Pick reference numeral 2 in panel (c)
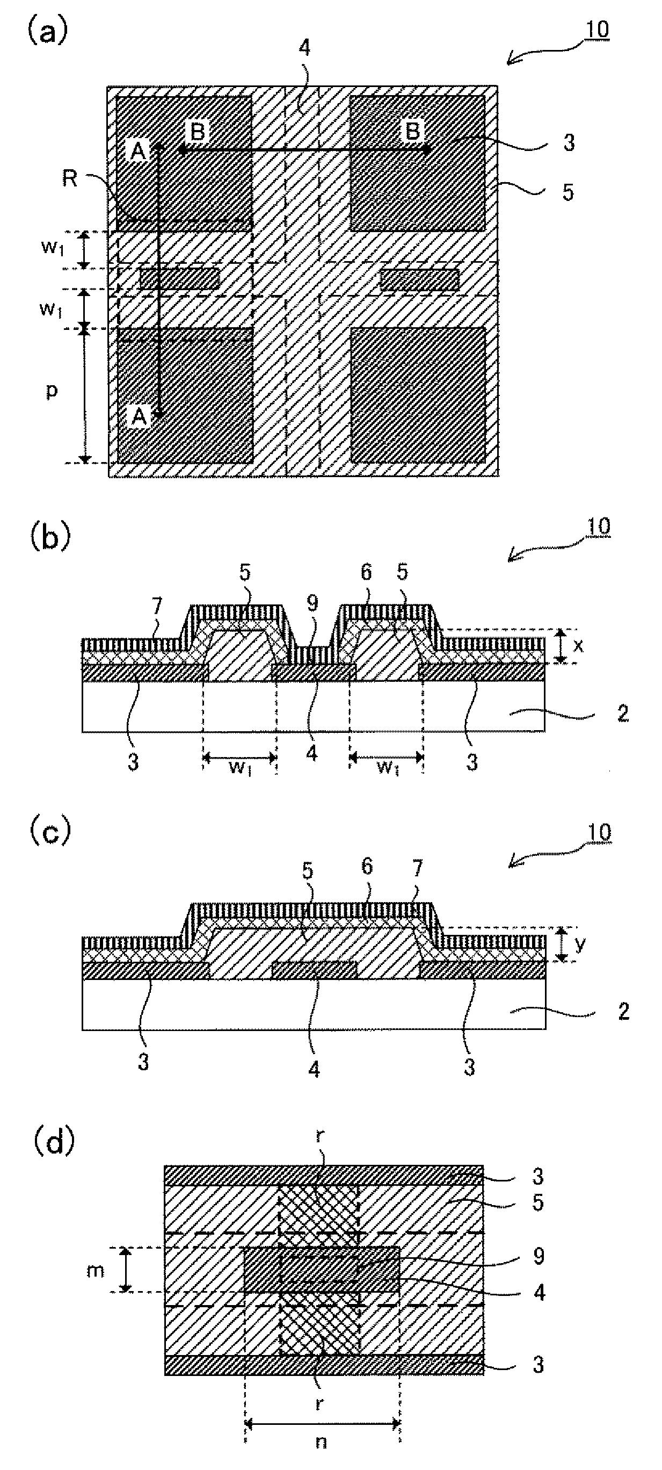click(x=623, y=1012)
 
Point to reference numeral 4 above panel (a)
click(x=305, y=48)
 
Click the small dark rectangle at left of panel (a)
click(x=180, y=278)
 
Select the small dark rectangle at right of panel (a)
click(x=419, y=278)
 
